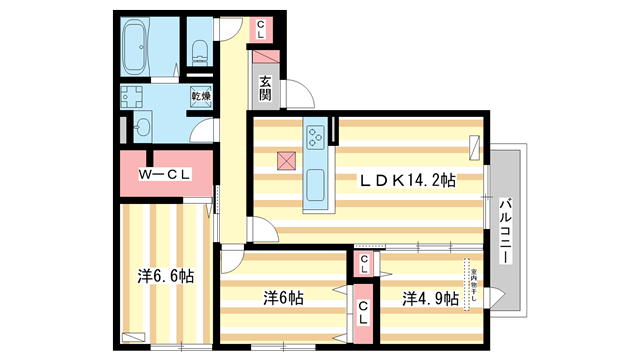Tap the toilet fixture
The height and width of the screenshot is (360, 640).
point(198,50)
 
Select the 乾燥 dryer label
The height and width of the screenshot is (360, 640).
point(201,97)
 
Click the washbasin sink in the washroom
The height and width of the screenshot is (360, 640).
point(143,127)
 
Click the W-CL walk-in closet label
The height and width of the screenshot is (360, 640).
point(164,175)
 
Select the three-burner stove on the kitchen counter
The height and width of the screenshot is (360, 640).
point(316,136)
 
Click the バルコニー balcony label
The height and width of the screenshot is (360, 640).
point(506,230)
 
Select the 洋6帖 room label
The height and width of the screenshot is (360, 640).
point(283,298)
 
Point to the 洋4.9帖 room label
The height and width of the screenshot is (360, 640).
point(431,298)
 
